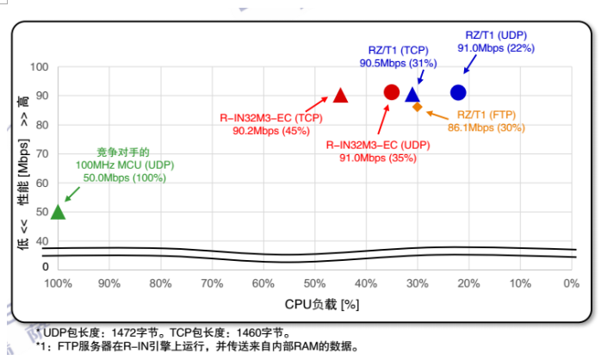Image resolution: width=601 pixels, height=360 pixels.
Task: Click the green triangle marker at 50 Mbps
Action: (x=58, y=212)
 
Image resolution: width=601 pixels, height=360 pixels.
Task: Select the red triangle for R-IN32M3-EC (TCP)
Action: (x=340, y=96)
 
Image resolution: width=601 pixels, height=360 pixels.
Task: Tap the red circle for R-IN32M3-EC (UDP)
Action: (x=391, y=92)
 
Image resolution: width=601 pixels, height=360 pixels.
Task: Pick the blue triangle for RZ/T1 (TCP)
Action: (x=412, y=95)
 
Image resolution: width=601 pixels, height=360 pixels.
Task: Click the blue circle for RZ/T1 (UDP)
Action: (x=458, y=92)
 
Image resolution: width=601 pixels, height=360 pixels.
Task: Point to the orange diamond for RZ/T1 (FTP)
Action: (x=417, y=107)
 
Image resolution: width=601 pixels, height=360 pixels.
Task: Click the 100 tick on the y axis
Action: (x=39, y=67)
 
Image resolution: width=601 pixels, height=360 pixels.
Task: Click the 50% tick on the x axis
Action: (x=314, y=283)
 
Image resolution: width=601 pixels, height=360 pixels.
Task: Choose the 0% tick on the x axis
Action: (x=570, y=283)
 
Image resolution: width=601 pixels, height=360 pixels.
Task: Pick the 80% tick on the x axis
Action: (x=161, y=283)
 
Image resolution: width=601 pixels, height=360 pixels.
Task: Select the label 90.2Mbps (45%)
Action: (x=270, y=131)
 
